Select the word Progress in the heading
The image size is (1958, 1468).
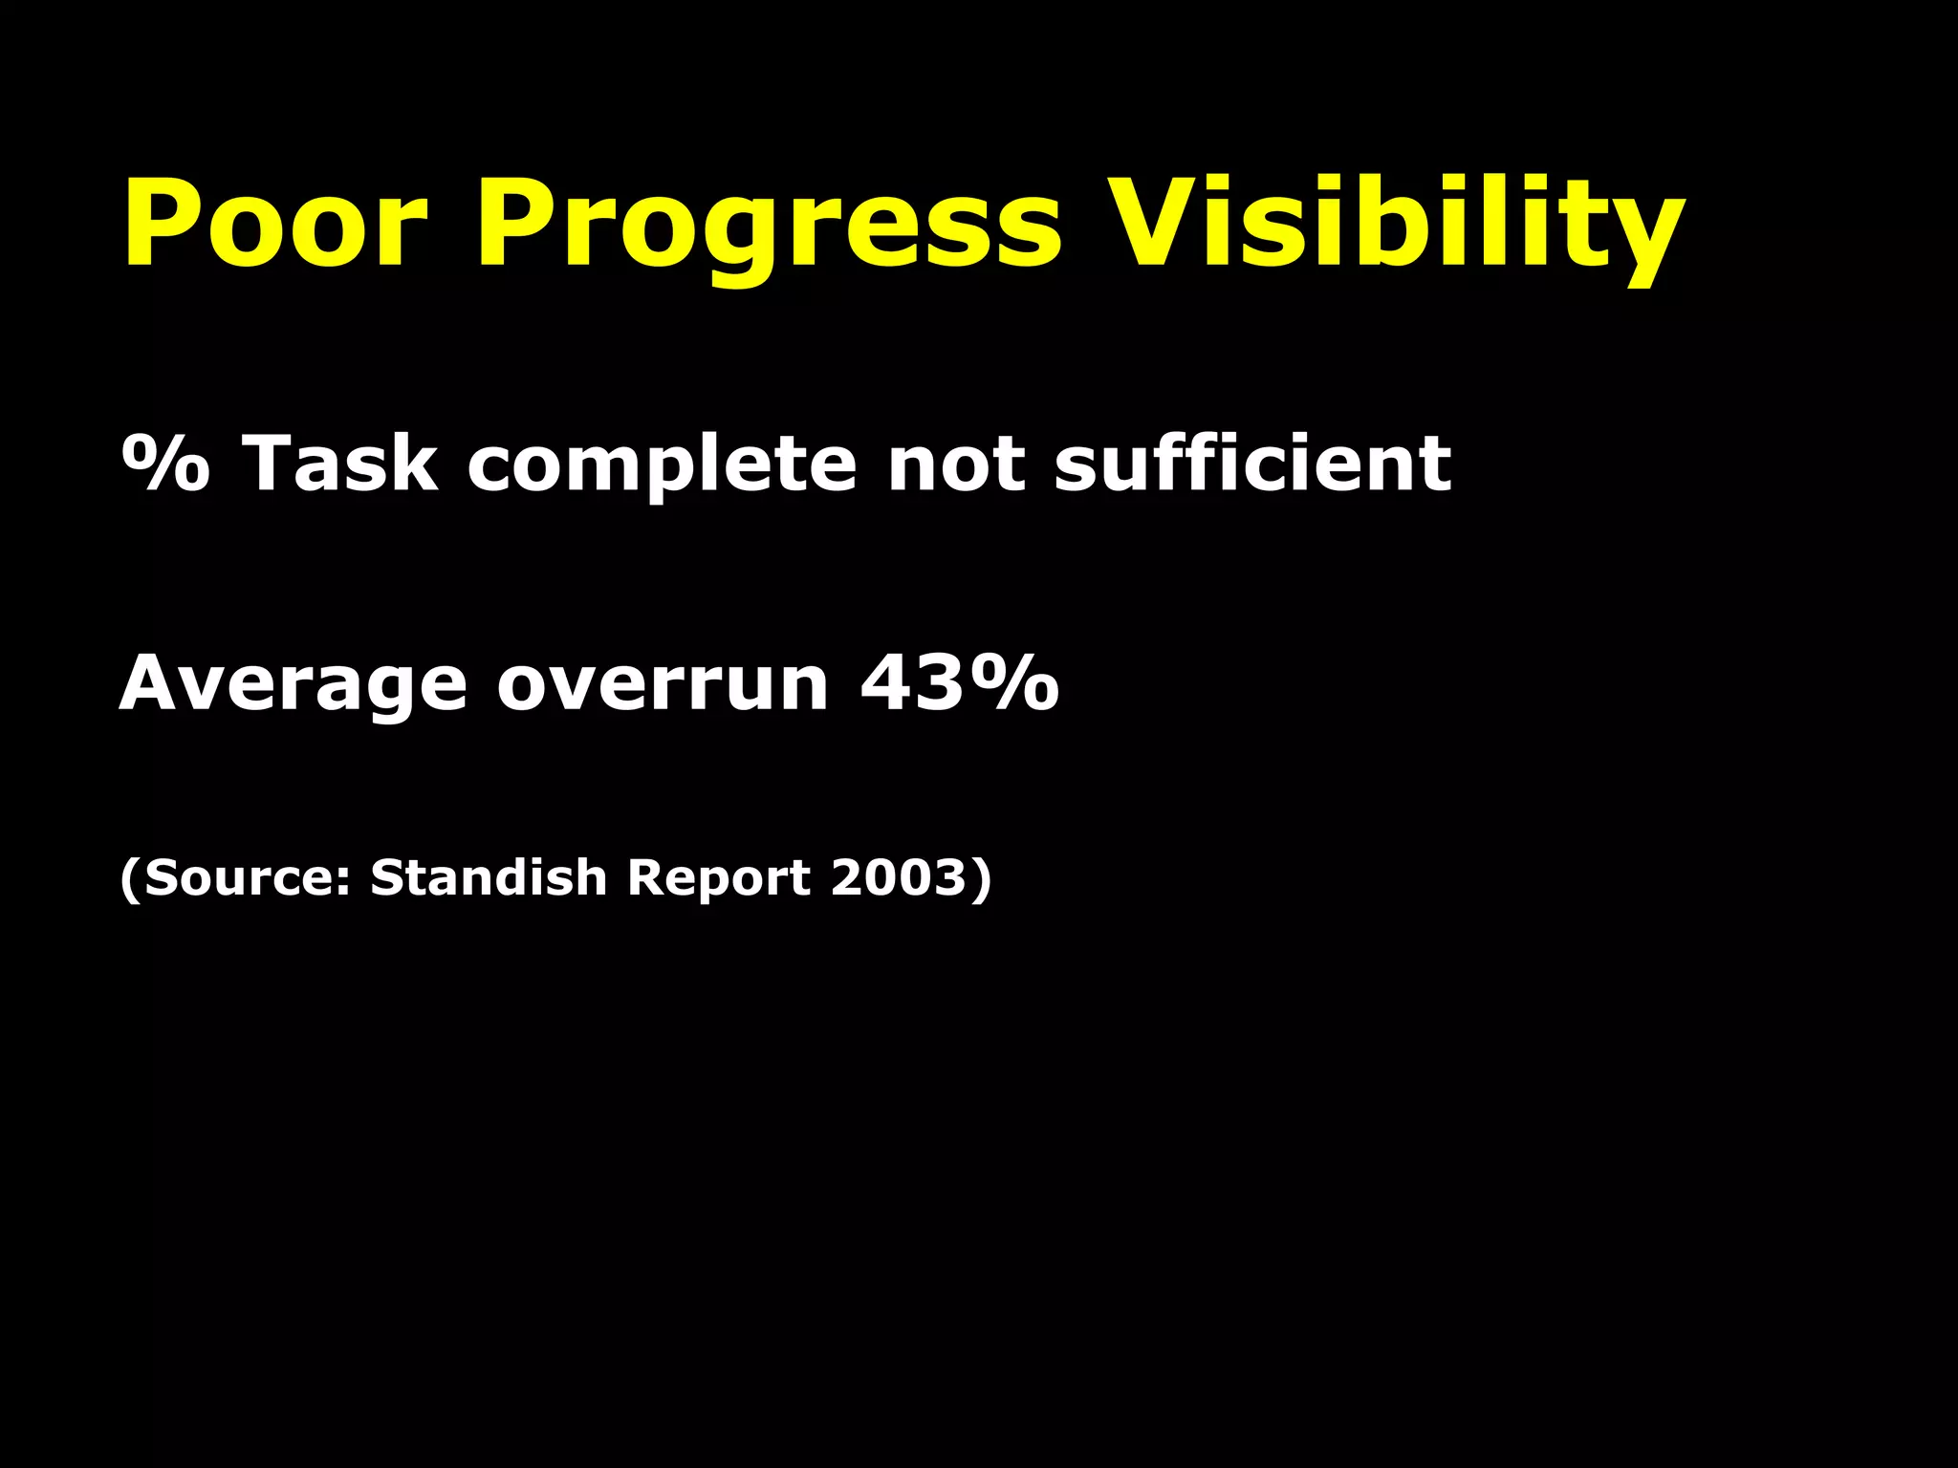768,226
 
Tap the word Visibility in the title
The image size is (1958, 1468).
1396,226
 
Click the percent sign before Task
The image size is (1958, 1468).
165,464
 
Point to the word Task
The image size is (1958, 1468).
340,464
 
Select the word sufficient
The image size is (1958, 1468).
1252,464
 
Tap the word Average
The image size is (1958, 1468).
293,684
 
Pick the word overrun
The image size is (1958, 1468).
663,684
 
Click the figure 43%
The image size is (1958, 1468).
960,682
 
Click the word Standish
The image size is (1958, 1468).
489,876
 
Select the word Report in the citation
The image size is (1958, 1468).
719,876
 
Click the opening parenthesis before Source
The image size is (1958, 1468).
130,877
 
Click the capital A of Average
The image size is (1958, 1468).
153,682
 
